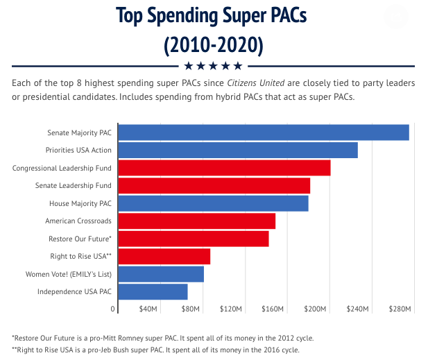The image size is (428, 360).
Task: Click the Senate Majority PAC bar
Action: click(264, 132)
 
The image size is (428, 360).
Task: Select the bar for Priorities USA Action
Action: click(238, 150)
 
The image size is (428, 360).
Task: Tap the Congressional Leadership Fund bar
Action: click(224, 168)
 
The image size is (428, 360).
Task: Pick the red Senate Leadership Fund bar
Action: click(214, 186)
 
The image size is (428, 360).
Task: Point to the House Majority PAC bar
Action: click(213, 203)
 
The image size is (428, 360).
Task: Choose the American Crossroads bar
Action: click(197, 221)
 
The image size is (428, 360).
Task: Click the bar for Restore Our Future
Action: click(194, 239)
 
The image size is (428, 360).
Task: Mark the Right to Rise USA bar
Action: click(164, 257)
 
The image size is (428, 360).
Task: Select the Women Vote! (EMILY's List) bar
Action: click(161, 274)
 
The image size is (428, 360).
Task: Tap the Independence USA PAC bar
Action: click(153, 292)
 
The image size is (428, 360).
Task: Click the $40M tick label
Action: click(148, 309)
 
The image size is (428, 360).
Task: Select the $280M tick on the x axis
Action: click(400, 309)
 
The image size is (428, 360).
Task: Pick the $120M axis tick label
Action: click(231, 309)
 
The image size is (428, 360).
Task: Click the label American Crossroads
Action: click(78, 221)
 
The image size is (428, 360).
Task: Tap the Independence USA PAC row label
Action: click(74, 292)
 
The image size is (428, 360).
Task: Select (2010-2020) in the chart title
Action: click(214, 46)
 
